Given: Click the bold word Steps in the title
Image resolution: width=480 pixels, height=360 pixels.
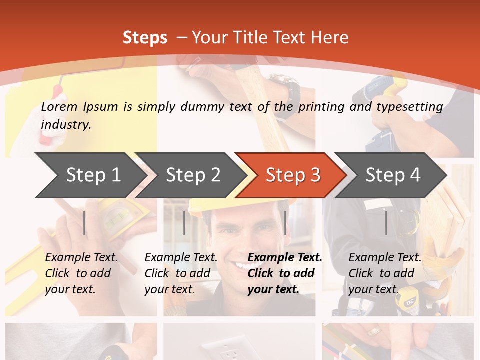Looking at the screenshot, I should pos(145,38).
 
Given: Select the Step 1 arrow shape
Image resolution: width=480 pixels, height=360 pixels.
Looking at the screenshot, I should pos(90,175).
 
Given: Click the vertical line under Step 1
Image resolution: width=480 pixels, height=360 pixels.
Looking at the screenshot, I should pos(84,223).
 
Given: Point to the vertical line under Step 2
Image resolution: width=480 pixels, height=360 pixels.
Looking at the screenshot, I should pos(184,223).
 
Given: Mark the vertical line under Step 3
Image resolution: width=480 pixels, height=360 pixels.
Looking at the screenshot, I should pos(285,223).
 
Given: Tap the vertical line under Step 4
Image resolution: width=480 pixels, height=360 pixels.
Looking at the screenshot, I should pos(386,223).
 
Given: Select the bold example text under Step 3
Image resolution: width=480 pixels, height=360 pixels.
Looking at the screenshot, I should pos(284,273).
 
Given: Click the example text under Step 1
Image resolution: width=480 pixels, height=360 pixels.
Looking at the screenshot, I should pos(81,273).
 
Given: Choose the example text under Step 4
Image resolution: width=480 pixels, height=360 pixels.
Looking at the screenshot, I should pos(384,273).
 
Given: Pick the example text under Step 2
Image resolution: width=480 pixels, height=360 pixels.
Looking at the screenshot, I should pos(181,273).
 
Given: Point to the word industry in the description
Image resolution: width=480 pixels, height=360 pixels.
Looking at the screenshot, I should pos(65,124).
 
